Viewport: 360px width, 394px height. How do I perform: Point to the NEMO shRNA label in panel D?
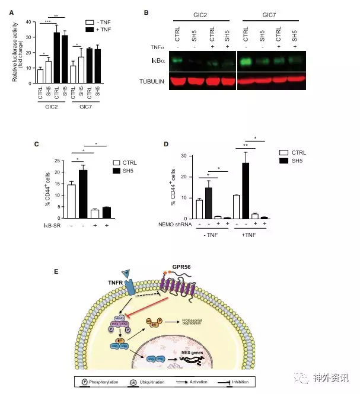point(181,226)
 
